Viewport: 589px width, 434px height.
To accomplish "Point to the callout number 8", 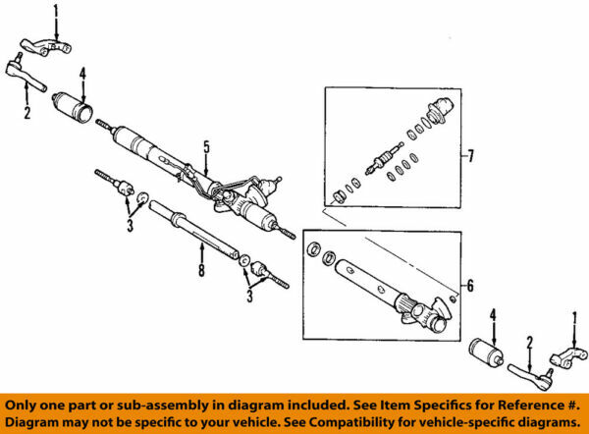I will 201,271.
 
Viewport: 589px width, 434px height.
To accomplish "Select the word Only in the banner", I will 27,405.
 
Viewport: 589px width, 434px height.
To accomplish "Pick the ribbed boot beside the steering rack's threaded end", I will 75,103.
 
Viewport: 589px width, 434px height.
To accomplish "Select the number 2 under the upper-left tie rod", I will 27,113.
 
